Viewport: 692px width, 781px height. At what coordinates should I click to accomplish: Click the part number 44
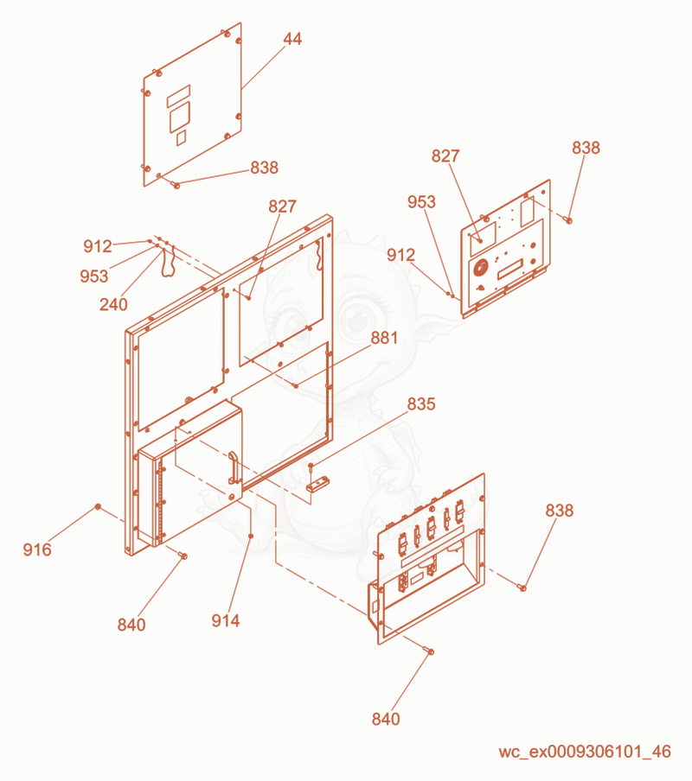pos(292,39)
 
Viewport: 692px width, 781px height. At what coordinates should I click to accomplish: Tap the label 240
pos(113,304)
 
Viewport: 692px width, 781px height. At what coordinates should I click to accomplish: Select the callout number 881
pos(384,338)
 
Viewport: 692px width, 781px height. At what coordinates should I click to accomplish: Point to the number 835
pos(421,404)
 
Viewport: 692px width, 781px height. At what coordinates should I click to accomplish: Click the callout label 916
pos(37,549)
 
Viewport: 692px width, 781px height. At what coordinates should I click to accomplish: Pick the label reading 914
pos(226,620)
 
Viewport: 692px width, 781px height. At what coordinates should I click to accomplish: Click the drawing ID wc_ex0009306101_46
pos(585,752)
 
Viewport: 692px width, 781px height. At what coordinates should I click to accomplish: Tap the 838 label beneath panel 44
pos(264,168)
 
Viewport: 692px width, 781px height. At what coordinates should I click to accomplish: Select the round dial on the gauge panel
pos(480,268)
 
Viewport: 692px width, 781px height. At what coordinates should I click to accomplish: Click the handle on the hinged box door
pos(233,467)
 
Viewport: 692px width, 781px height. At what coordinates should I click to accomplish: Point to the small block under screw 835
pos(318,484)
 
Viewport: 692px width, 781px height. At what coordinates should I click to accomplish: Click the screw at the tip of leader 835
pos(311,467)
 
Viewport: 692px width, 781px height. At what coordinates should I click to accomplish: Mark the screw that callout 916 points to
pos(99,506)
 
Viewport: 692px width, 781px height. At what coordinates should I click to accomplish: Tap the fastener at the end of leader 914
pos(251,536)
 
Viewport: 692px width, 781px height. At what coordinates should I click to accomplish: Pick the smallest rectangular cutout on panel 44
pos(182,138)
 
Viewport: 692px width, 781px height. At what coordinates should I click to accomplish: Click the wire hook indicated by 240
pos(167,263)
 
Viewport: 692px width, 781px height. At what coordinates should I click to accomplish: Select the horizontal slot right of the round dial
pos(510,269)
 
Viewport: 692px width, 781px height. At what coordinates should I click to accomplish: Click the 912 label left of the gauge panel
pos(400,255)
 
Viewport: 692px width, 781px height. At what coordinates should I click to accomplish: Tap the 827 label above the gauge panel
pos(445,156)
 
